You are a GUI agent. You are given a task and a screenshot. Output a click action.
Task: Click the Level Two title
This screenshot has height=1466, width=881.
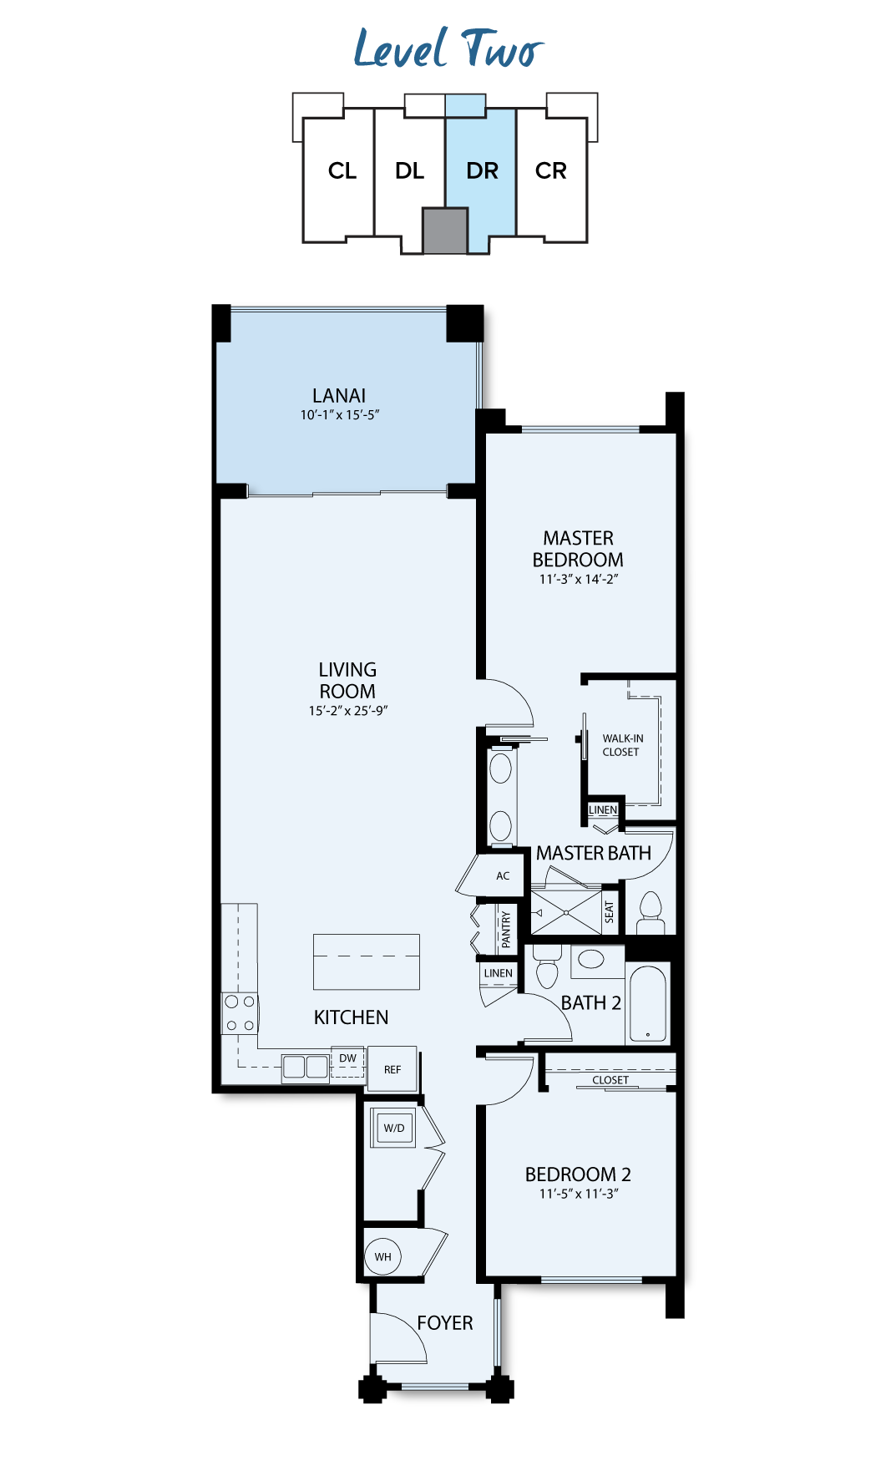(448, 48)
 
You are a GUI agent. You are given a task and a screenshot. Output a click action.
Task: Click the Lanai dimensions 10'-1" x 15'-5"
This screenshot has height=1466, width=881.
(340, 414)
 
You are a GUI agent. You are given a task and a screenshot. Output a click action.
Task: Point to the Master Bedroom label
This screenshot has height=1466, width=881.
(578, 549)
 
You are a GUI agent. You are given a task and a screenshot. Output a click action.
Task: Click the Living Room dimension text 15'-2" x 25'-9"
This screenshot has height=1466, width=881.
(348, 711)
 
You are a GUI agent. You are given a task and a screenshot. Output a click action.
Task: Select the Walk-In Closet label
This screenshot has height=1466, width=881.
(623, 745)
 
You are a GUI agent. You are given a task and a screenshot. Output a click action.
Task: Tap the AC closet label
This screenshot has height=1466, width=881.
(503, 876)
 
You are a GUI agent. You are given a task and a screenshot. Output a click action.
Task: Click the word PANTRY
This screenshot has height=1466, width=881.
(506, 929)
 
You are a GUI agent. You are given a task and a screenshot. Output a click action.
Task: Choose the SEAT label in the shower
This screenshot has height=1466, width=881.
(610, 911)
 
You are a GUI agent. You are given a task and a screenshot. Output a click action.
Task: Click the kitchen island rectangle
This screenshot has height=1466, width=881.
(367, 961)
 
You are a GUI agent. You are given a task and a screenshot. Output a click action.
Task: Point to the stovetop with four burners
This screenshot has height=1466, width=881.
(241, 1013)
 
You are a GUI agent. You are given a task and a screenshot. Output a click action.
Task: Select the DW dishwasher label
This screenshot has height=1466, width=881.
(348, 1058)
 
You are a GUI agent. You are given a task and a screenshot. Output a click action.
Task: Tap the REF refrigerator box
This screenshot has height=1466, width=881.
(392, 1069)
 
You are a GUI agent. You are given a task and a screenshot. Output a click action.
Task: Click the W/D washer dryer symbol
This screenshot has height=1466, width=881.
(393, 1128)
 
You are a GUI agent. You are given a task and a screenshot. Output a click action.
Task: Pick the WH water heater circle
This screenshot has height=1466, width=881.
(383, 1256)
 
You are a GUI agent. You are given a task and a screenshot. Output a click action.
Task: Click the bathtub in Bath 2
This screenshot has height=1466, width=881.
(648, 1003)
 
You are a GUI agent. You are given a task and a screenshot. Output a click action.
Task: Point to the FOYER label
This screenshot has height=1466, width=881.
(445, 1323)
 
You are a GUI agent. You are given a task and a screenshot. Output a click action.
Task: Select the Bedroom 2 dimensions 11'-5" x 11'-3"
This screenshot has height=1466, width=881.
(579, 1194)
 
